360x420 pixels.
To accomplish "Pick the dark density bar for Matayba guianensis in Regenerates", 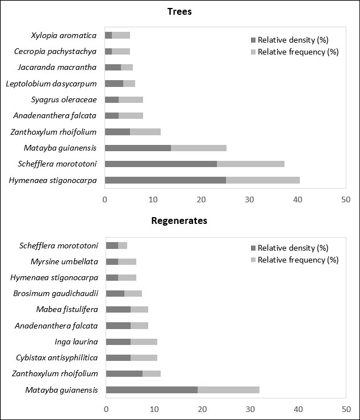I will (152, 390).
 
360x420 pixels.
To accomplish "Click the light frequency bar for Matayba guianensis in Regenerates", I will (228, 390).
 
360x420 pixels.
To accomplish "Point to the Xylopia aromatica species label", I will (64, 35).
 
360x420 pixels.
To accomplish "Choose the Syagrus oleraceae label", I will (64, 100).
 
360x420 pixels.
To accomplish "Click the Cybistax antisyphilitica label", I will (58, 357).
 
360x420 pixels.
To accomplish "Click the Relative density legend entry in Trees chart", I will (292, 40).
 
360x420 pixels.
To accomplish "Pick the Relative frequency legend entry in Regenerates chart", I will (298, 260).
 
